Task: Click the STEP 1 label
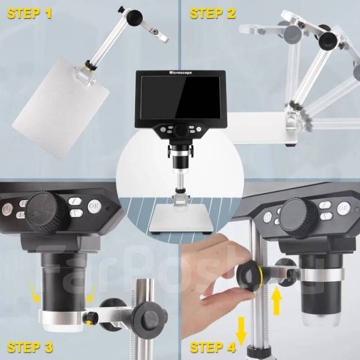point(29,13)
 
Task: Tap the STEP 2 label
point(213,13)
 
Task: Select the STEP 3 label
point(30,348)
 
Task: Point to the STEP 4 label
point(213,348)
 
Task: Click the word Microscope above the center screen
point(181,73)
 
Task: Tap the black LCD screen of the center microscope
point(181,98)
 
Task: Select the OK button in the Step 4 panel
point(344,209)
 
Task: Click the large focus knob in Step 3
point(47,214)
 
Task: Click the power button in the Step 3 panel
point(6,210)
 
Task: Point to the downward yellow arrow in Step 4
point(241,331)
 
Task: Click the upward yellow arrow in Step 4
point(277,301)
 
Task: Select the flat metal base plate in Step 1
point(61,109)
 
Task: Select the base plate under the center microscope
point(181,219)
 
